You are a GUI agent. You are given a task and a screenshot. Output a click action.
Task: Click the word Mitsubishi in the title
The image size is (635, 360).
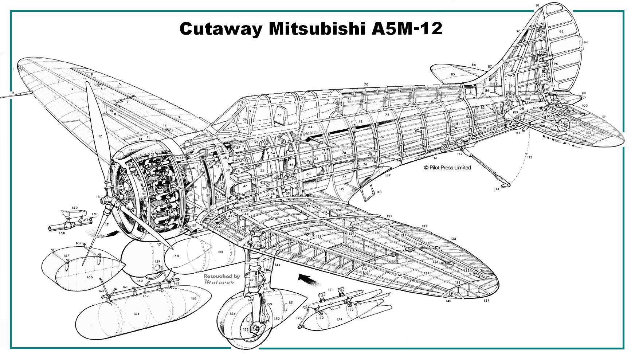pyautogui.click(x=317, y=28)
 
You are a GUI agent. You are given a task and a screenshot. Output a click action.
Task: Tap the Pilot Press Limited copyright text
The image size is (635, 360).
pyautogui.click(x=447, y=168)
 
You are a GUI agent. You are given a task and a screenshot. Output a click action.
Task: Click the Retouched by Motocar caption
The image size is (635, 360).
pyautogui.click(x=222, y=279)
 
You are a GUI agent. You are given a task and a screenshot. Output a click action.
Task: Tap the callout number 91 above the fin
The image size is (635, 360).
pyautogui.click(x=538, y=5)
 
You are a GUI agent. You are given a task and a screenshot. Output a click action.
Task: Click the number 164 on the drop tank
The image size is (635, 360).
pyautogui.click(x=136, y=314)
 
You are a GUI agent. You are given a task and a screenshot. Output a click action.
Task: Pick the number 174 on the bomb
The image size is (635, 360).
pyautogui.click(x=339, y=320)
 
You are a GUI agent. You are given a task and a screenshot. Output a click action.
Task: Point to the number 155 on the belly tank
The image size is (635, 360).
pyautogui.click(x=220, y=252)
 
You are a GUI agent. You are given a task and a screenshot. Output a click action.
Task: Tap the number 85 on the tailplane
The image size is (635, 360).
pyautogui.click(x=453, y=74)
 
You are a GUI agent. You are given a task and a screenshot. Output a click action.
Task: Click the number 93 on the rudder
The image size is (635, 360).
pyautogui.click(x=561, y=32)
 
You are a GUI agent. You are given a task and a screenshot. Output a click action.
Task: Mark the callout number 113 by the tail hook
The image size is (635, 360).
pyautogui.click(x=497, y=189)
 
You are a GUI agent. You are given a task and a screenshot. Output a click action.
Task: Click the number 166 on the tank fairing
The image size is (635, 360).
pyautogui.click(x=90, y=277)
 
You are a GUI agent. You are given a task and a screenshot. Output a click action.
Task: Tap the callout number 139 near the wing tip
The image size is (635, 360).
pyautogui.click(x=487, y=301)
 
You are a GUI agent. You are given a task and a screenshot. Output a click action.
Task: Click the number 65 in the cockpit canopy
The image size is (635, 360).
pyautogui.click(x=279, y=114)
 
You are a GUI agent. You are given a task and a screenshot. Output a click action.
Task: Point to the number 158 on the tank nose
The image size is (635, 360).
pyautogui.click(x=176, y=256)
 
